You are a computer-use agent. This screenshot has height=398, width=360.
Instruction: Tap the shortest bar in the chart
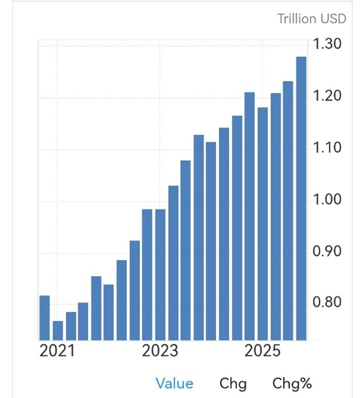click(57, 330)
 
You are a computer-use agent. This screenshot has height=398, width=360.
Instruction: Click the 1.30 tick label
click(328, 45)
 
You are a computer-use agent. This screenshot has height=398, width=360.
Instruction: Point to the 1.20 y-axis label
click(328, 97)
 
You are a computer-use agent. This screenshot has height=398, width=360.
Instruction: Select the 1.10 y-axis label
click(328, 148)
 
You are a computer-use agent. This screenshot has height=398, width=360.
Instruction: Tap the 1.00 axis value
click(328, 200)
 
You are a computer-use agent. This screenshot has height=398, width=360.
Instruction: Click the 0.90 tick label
click(328, 252)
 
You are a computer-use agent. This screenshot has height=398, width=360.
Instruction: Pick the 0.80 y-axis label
click(328, 303)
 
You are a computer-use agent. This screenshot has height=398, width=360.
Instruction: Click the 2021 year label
click(58, 352)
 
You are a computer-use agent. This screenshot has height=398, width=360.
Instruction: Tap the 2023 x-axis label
click(161, 352)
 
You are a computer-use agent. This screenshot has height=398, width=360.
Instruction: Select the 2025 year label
click(264, 352)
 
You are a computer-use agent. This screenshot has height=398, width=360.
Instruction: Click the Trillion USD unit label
click(312, 19)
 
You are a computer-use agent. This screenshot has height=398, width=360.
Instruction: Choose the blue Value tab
click(174, 383)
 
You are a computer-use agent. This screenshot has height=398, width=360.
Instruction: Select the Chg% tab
click(292, 383)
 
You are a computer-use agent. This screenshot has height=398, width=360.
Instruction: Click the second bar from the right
click(288, 210)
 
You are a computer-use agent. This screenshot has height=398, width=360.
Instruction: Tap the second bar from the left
click(57, 330)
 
